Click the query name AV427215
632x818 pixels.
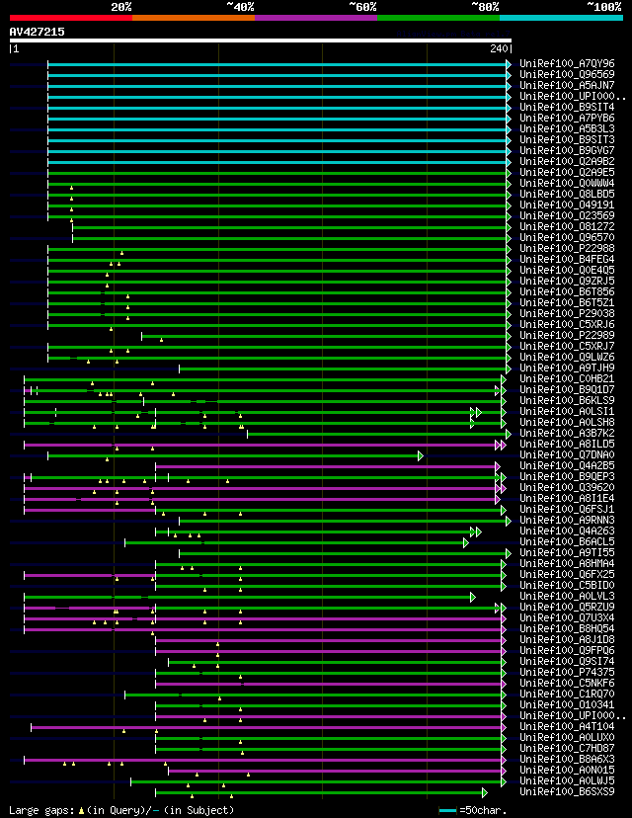pyautogui.click(x=38, y=32)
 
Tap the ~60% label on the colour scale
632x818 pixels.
pyautogui.click(x=362, y=6)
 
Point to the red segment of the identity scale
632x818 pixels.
pyautogui.click(x=70, y=18)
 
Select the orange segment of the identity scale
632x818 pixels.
pyautogui.click(x=193, y=18)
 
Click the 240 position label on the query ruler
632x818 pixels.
pyautogui.click(x=498, y=48)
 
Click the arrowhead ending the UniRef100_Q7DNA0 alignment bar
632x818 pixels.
pyautogui.click(x=421, y=455)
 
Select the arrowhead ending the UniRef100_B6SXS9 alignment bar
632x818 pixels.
pyautogui.click(x=484, y=792)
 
